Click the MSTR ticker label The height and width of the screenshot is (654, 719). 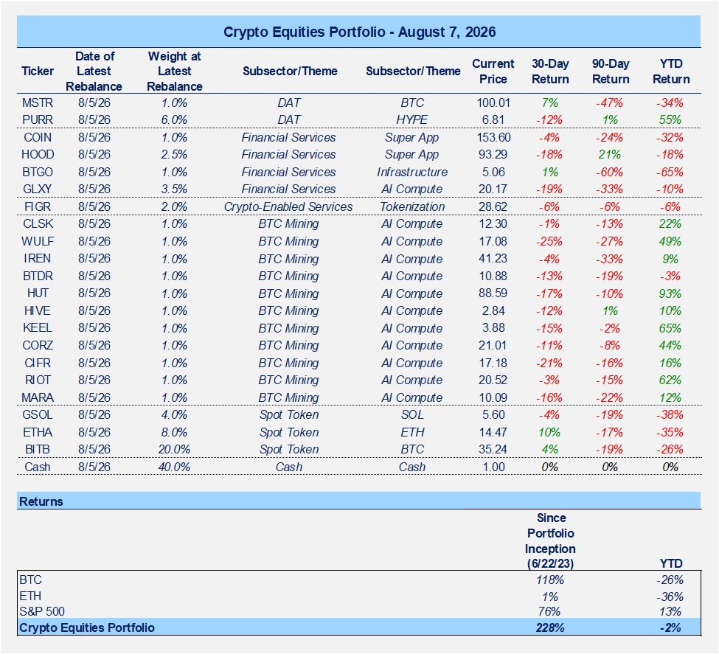pos(38,102)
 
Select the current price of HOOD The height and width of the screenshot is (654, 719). pos(493,155)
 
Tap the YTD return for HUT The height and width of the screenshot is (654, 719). pos(670,293)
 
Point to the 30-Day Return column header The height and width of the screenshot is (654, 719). pos(550,71)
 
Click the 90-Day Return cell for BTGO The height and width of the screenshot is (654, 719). pos(609,172)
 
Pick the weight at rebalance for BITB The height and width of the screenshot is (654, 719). pos(174,450)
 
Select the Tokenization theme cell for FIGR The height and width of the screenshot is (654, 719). pos(412,207)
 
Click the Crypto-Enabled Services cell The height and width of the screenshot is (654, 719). pos(288,207)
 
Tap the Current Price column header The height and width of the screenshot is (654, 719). pos(493,71)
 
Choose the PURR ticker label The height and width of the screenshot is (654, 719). pos(38,119)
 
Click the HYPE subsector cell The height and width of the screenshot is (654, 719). pos(412,119)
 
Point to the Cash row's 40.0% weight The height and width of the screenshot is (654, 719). pos(174,467)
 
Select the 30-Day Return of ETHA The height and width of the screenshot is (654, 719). pos(550,433)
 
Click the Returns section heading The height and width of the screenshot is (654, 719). pos(41,501)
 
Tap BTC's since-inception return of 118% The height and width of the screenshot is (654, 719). pos(550,580)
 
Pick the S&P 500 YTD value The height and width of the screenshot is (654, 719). pos(670,612)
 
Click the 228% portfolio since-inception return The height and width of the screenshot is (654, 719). pos(550,628)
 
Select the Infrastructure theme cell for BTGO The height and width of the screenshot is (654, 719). pos(412,172)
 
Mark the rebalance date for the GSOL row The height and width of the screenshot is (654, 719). pos(94,415)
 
